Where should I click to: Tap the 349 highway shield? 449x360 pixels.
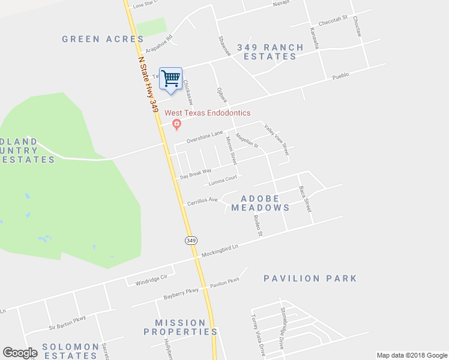pos(191,240)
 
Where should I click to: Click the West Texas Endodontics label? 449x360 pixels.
pos(208,113)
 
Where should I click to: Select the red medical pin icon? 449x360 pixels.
pos(176,124)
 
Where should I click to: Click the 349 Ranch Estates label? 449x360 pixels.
pos(267,52)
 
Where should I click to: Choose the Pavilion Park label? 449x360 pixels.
pos(310,278)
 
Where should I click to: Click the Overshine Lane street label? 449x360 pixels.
pos(204,137)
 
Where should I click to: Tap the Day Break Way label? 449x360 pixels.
pos(196,174)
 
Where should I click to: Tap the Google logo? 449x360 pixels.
pos(20,353)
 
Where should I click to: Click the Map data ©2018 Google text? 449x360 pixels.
pos(412,355)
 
